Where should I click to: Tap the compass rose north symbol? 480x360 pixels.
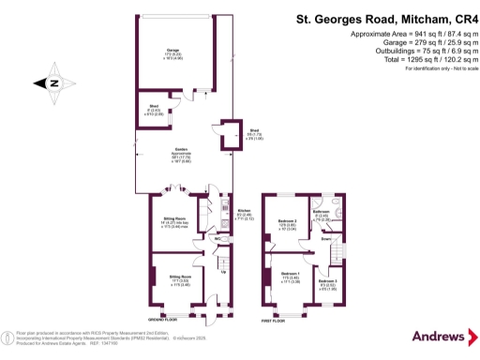53,83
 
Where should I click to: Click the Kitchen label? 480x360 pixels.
244,212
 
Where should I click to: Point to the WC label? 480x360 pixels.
218,238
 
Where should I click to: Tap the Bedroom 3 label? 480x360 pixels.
327,281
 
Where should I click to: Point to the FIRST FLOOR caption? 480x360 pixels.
274,321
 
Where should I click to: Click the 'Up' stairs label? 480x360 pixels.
222,273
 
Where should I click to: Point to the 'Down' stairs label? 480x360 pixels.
325,239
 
